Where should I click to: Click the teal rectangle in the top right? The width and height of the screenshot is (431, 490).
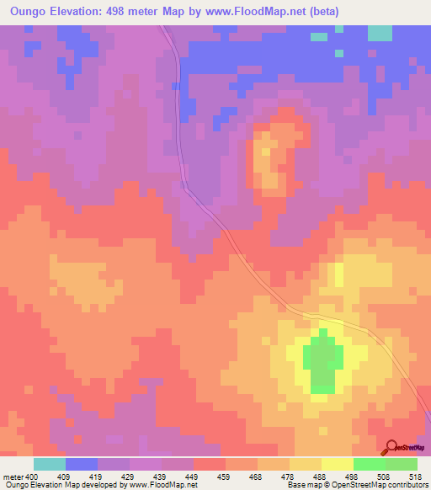380,33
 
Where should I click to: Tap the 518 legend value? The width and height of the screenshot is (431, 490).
416,476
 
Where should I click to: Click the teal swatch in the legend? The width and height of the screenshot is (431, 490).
50,464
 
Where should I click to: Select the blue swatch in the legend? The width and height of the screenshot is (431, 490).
82,464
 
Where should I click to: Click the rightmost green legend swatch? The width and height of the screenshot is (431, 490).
402,464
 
